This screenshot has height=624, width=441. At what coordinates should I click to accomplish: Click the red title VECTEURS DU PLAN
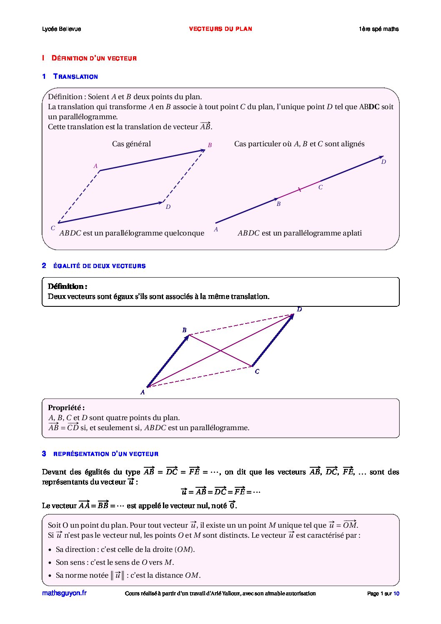tap(220, 29)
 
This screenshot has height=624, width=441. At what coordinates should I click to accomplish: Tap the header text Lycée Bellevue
tap(61, 29)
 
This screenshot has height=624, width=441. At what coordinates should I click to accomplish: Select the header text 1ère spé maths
tap(378, 29)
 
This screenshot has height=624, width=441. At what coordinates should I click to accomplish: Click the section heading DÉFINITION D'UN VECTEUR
tap(94, 58)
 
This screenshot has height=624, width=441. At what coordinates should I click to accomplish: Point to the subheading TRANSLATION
tap(75, 77)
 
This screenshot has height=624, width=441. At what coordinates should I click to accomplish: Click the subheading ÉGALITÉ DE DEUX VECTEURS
tap(99, 266)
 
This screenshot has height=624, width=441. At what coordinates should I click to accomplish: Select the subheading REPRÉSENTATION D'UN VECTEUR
tap(106, 454)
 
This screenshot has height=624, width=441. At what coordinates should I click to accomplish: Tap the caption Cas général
tap(131, 144)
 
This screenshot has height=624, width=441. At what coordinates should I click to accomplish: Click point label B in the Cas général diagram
tap(210, 145)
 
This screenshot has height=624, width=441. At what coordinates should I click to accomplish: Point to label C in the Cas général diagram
tap(53, 228)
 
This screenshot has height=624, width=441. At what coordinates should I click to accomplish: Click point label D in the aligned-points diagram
tap(383, 162)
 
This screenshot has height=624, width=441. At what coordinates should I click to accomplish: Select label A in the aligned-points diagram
tap(216, 229)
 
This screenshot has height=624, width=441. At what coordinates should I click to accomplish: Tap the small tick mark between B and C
tap(299, 190)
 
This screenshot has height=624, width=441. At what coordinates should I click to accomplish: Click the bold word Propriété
tap(66, 408)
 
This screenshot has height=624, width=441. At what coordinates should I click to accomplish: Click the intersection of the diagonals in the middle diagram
tap(220, 351)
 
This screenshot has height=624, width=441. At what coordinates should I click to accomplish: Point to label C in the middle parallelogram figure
tap(257, 371)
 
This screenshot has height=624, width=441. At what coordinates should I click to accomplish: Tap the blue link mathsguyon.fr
tap(64, 593)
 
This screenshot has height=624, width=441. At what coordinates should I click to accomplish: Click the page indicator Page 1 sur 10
tap(383, 594)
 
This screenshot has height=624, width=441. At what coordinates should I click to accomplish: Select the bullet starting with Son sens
tap(115, 562)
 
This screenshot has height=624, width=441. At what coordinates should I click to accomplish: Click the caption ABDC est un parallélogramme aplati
tap(300, 233)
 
